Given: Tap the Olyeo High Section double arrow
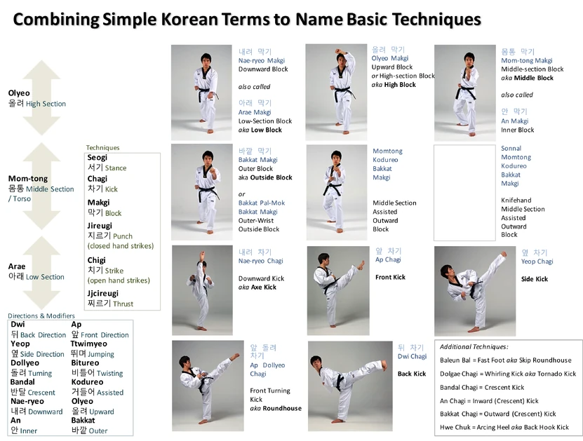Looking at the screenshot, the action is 41,97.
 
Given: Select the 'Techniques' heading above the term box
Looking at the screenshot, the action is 102,147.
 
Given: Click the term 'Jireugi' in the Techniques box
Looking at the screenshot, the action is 100,226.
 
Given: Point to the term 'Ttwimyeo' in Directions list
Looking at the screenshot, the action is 89,344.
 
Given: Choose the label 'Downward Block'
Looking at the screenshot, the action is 263,69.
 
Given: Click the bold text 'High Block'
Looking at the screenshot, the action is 400,85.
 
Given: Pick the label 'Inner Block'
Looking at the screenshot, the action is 517,130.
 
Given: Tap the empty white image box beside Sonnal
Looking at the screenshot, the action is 464,192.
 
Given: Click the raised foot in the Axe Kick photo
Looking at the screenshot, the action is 202,256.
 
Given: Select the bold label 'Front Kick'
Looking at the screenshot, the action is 390,277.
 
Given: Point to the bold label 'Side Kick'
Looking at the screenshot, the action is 535,279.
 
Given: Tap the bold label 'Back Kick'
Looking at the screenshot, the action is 412,374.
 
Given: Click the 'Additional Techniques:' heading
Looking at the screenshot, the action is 474,346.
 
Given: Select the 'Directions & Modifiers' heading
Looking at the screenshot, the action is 41,316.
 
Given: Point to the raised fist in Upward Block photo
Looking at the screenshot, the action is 337,51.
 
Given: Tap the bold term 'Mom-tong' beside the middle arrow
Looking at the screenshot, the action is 28,179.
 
